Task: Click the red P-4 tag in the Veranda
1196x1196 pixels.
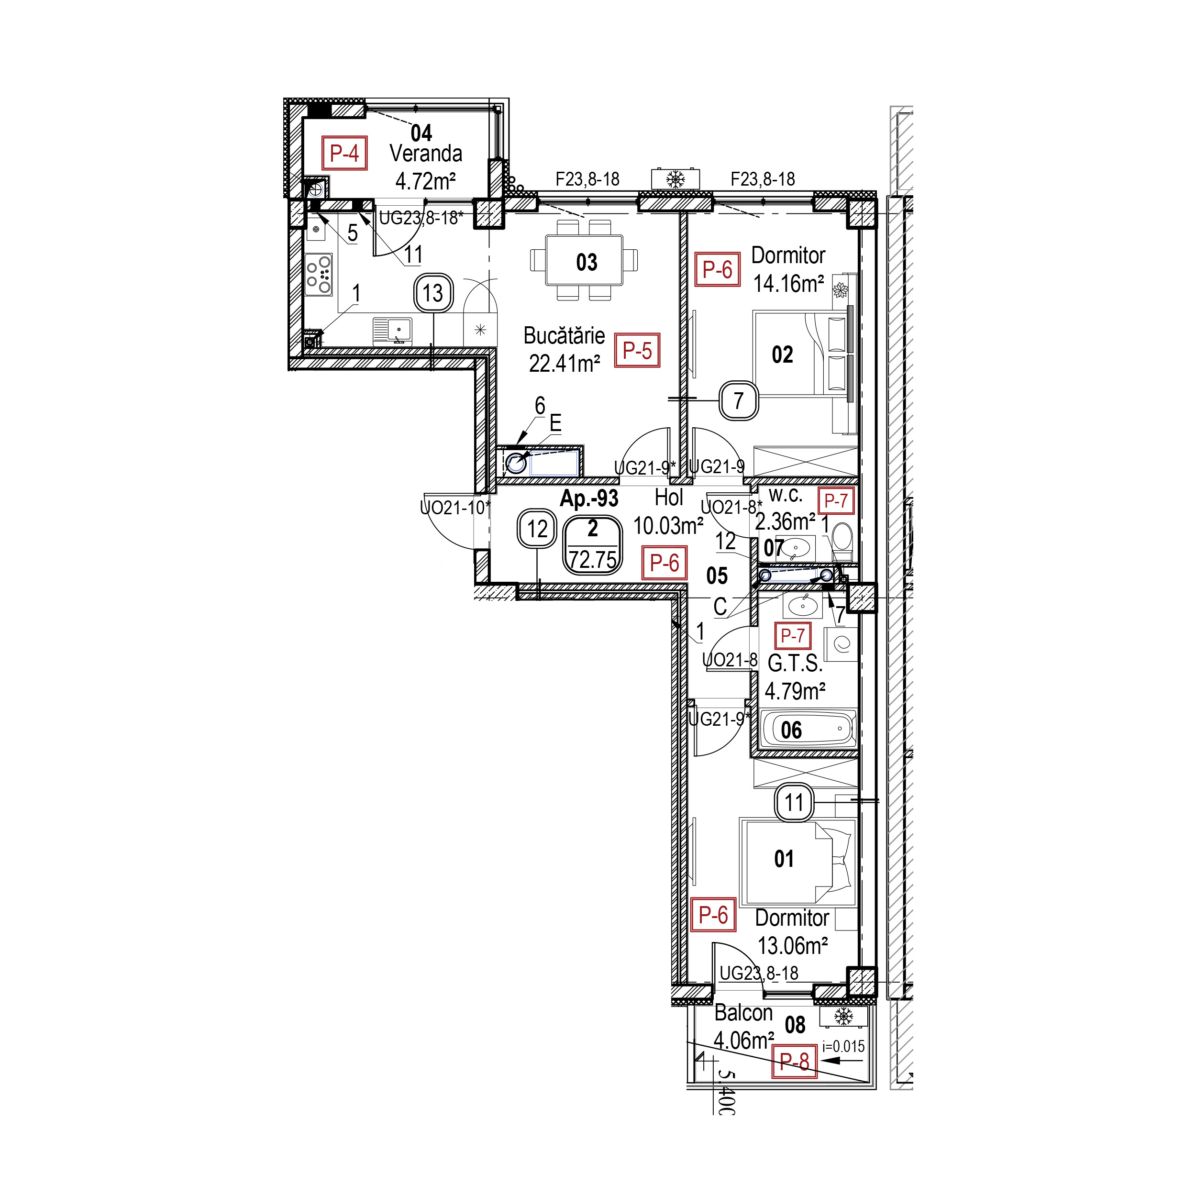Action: [344, 153]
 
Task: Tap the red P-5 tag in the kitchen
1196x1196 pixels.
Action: [637, 350]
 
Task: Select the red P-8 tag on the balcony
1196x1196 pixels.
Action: [794, 1062]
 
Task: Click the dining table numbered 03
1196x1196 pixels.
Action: [584, 260]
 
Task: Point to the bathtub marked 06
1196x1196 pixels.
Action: [808, 729]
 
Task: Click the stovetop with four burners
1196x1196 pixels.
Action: [319, 274]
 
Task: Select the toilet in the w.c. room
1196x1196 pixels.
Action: [842, 541]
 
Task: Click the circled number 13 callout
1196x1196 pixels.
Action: [433, 293]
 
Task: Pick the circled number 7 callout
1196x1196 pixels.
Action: [739, 401]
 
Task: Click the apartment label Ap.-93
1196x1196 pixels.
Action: [589, 498]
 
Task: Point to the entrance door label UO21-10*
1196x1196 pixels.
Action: [455, 508]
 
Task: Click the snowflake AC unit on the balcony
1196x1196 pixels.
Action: [843, 1017]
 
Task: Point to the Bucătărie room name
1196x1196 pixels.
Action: [564, 335]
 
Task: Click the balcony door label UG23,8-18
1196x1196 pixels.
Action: [759, 973]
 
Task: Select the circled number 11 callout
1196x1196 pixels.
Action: [794, 803]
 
